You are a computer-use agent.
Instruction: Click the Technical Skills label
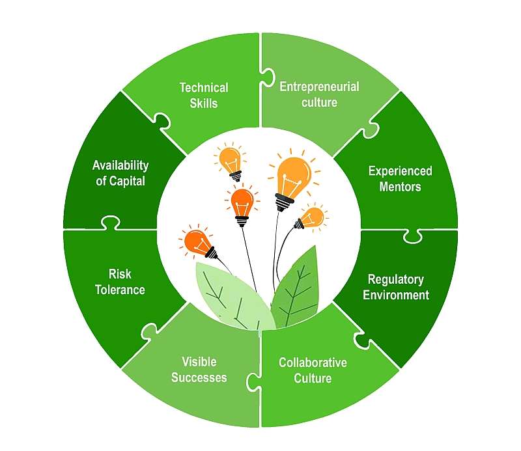click(x=204, y=95)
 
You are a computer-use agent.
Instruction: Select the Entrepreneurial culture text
click(x=318, y=94)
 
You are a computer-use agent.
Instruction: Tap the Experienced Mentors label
click(x=400, y=179)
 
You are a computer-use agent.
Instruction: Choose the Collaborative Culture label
click(x=313, y=370)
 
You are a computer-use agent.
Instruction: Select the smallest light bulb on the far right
click(x=311, y=217)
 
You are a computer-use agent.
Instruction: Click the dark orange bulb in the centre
click(x=242, y=202)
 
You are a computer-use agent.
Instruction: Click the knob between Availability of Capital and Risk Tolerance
click(x=111, y=223)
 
